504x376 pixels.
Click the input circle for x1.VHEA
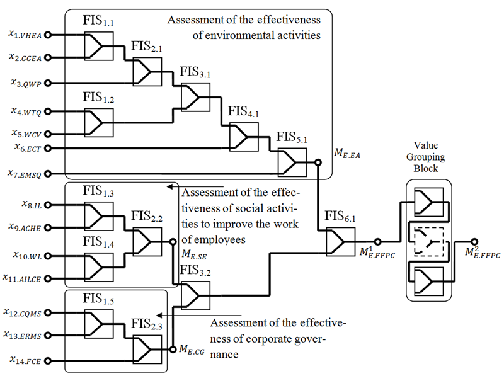point(47,35)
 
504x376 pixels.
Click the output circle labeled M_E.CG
point(171,348)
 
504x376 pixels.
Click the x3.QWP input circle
point(47,83)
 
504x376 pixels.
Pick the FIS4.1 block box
point(243,135)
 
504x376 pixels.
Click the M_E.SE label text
point(195,254)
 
